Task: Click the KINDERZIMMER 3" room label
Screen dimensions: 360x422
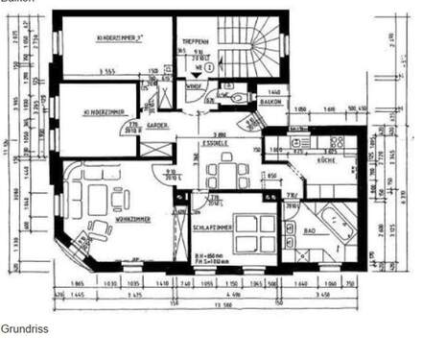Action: click(x=120, y=38)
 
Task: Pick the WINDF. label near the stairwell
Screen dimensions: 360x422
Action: click(x=193, y=85)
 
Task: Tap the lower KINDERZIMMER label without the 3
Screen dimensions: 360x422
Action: click(x=105, y=111)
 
